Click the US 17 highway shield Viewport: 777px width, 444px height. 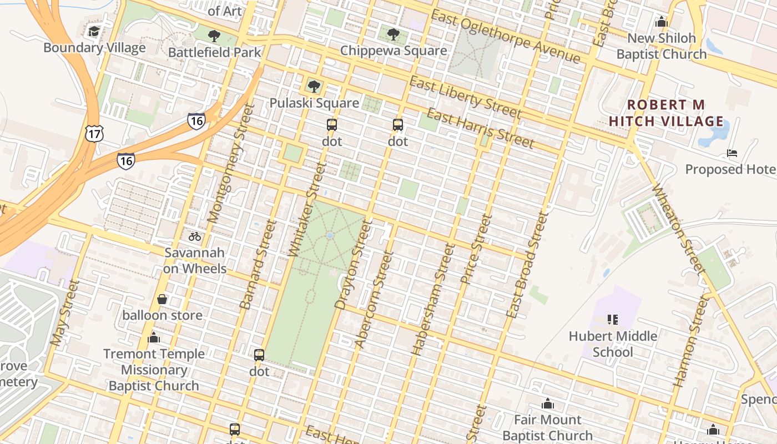pyautogui.click(x=94, y=133)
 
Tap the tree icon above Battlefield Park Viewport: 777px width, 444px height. pyautogui.click(x=214, y=37)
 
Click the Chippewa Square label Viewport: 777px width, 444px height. pyautogui.click(x=393, y=51)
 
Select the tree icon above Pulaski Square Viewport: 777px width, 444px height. pyautogui.click(x=314, y=87)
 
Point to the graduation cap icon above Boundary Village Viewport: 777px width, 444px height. pyautogui.click(x=94, y=31)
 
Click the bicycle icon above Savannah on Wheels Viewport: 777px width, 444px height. pyautogui.click(x=194, y=236)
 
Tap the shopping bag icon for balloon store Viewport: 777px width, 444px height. pyautogui.click(x=162, y=300)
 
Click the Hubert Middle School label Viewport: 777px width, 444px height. pyautogui.click(x=613, y=344)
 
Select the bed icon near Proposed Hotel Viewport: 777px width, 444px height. pyautogui.click(x=732, y=153)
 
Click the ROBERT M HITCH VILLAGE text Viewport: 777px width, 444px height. pyautogui.click(x=666, y=113)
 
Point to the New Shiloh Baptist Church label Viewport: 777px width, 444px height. pyautogui.click(x=661, y=46)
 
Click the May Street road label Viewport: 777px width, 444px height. pyautogui.click(x=65, y=312)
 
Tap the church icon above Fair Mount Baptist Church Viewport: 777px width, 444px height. pyautogui.click(x=548, y=403)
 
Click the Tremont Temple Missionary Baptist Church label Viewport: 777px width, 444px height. pyautogui.click(x=154, y=370)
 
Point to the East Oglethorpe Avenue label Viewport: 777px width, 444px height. pyautogui.click(x=505, y=37)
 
